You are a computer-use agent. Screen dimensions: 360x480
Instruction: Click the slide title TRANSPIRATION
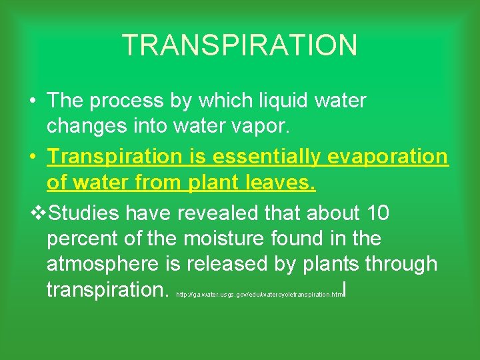(240, 45)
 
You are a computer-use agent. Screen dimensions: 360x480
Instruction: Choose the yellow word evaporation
(388, 156)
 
